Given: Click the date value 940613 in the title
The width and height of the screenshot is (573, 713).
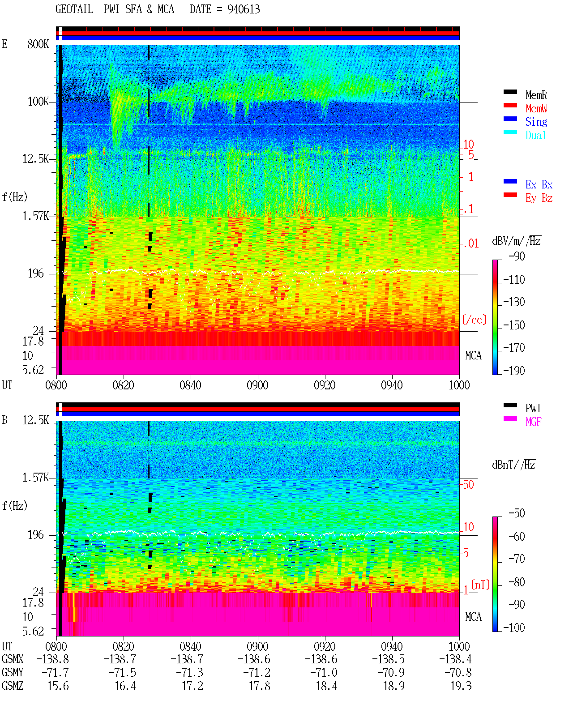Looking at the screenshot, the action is point(243,9).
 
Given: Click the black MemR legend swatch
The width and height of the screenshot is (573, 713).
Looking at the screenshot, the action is point(510,92).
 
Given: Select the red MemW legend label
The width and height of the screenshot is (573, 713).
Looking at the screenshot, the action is point(536,108).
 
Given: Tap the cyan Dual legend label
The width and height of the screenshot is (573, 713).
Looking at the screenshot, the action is point(535,135).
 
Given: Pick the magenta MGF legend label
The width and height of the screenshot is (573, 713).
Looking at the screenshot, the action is point(533,422).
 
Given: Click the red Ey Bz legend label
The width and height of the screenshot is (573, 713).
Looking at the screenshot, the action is point(539,198).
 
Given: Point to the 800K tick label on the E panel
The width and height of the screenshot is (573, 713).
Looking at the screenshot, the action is point(38,44).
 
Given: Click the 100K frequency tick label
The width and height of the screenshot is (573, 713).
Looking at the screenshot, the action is point(38,102).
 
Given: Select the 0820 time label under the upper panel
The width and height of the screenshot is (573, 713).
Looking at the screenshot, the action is point(123,385).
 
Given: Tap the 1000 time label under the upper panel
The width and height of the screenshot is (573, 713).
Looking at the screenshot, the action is point(459,385).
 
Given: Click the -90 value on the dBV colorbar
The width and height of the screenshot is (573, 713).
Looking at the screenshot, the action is point(517,256).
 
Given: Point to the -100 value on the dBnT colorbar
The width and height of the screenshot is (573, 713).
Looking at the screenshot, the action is point(514,628).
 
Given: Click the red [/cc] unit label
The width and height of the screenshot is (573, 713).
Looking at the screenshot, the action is point(474,320).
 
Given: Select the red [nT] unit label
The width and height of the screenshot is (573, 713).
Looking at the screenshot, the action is point(480,585).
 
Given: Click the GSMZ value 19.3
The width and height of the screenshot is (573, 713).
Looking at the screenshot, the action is point(461,686).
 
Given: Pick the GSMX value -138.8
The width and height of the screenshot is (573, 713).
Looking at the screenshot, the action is point(52,659).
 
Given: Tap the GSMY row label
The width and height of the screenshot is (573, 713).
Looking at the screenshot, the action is point(13,672).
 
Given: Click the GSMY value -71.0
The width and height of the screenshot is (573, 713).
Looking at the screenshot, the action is point(324,673).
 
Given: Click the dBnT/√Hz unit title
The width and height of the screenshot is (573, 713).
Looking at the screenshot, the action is point(513,465).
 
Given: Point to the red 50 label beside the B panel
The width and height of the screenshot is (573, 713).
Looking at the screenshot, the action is point(468,485).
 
